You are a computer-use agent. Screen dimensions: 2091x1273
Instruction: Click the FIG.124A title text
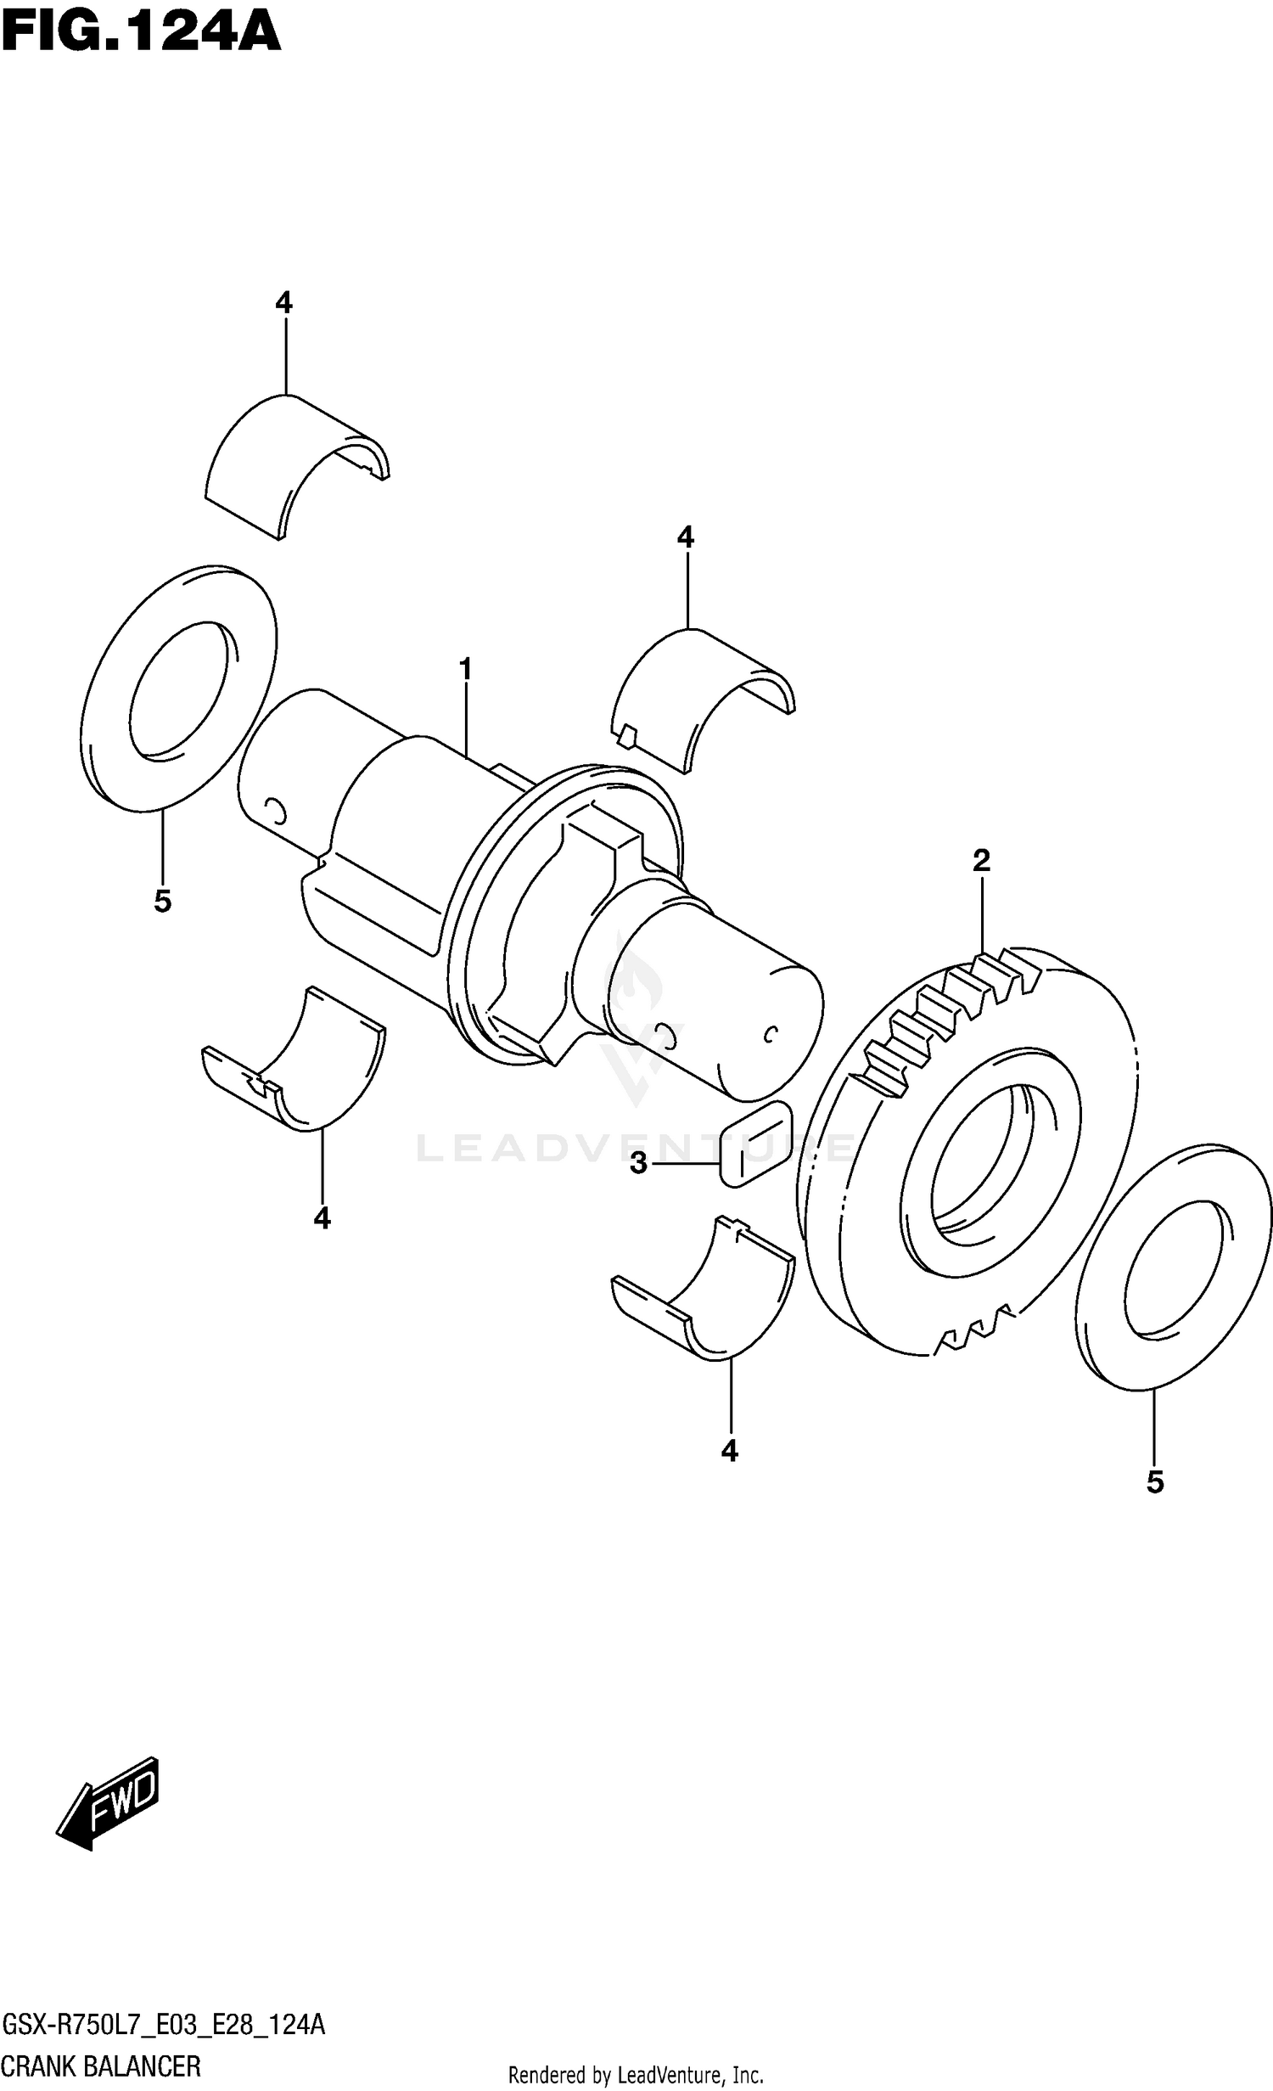pos(140,34)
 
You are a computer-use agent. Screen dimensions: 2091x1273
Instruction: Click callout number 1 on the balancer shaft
pos(465,670)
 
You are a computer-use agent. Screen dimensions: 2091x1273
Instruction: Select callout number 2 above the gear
pos(981,861)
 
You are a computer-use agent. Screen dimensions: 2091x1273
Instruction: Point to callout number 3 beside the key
pos(638,1163)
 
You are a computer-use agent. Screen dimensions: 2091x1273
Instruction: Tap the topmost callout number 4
pos(283,302)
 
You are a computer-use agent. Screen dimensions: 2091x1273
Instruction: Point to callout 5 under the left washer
pos(162,901)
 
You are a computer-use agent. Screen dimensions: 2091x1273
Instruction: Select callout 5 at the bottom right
pos(1154,1482)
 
